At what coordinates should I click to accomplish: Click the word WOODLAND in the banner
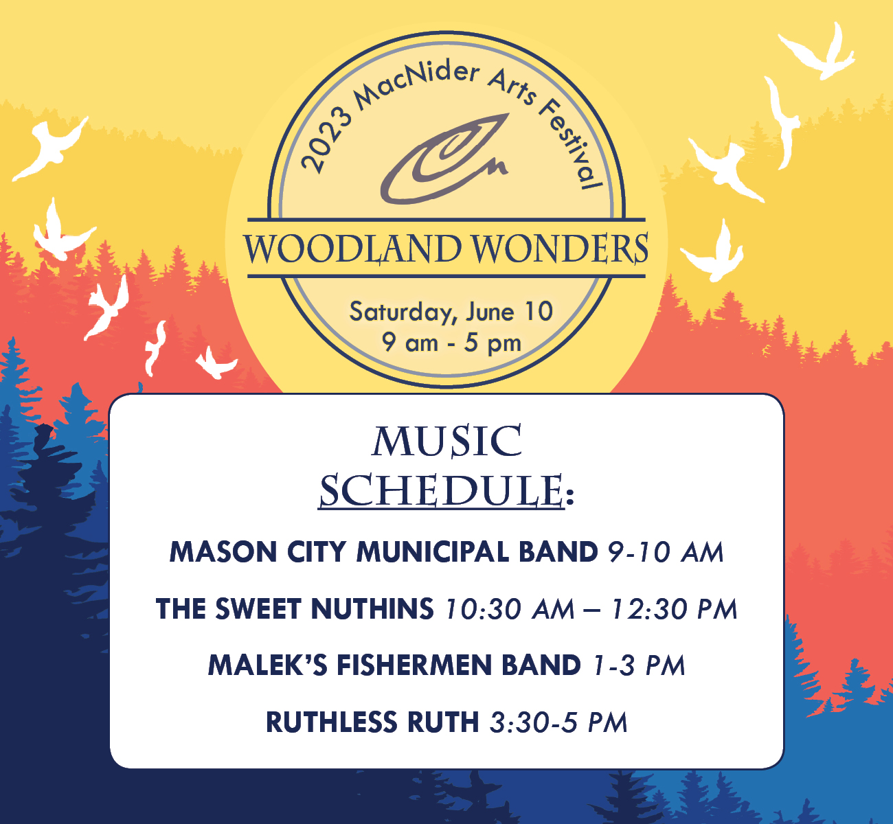(x=353, y=248)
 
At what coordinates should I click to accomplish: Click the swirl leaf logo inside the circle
(x=445, y=158)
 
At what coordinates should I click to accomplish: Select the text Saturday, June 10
(x=451, y=312)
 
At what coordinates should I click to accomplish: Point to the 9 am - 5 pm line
(x=451, y=343)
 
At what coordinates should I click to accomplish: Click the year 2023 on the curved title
(x=326, y=140)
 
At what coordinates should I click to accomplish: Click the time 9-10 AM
(x=666, y=552)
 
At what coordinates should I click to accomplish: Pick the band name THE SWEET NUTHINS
(x=295, y=609)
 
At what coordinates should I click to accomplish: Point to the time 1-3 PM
(x=639, y=665)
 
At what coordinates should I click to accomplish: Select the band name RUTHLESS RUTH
(x=372, y=722)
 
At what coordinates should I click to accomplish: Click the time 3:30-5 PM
(x=558, y=722)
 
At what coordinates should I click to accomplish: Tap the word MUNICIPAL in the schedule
(x=432, y=552)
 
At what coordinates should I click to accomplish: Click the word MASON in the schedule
(x=223, y=552)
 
